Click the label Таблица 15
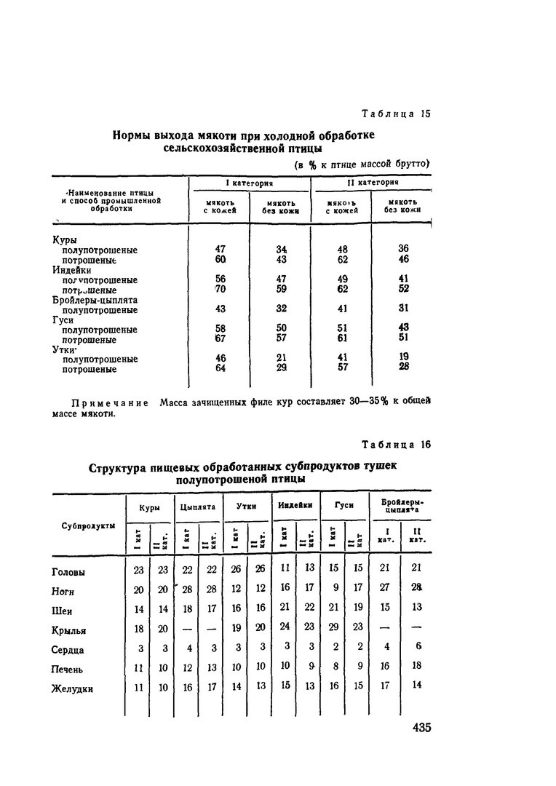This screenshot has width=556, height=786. click(x=397, y=114)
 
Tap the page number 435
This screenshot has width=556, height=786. click(x=421, y=728)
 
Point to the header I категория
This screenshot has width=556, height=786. click(x=249, y=183)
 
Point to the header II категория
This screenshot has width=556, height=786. click(x=371, y=183)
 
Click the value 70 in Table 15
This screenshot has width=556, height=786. click(x=221, y=289)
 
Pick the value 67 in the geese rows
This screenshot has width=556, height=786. click(x=221, y=339)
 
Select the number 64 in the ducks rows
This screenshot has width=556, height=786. click(x=221, y=368)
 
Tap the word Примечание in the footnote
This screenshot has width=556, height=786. click(x=110, y=403)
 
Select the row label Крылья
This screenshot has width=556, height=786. click(x=70, y=631)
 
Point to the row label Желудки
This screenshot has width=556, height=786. click(x=73, y=688)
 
